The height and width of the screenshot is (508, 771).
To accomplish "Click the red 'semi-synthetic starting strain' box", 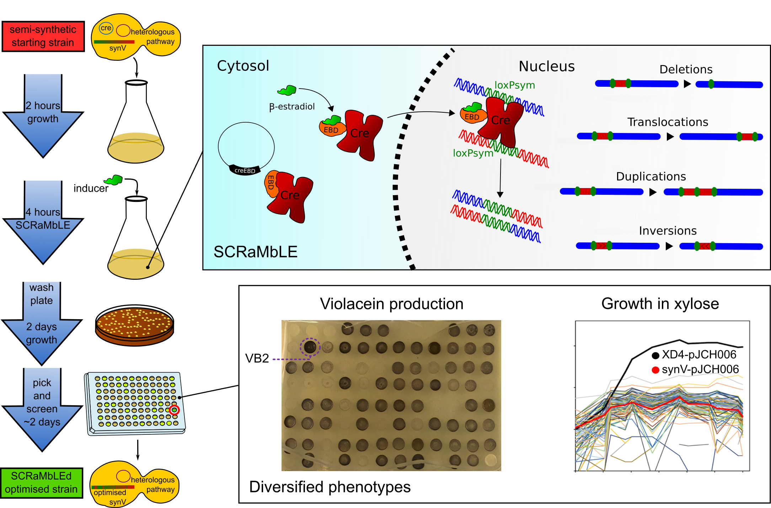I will tap(43, 36).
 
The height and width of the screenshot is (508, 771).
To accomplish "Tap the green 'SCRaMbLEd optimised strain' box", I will tap(41, 483).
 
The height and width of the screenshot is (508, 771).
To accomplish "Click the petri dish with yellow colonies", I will tap(134, 325).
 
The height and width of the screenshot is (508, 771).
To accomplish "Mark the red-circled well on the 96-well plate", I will tap(174, 410).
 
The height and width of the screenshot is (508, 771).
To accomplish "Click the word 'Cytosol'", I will tap(243, 66).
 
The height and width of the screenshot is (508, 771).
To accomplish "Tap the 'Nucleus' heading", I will tap(546, 66).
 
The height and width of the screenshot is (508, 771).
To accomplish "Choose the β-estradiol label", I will tap(292, 107).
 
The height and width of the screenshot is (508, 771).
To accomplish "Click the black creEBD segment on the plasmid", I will tap(245, 170).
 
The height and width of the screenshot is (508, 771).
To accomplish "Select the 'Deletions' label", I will tap(686, 69).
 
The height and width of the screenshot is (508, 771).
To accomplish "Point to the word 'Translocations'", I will tap(668, 122).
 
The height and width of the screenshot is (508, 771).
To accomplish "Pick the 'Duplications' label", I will tap(651, 177).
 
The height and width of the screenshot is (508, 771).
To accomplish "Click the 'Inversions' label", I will tap(668, 231).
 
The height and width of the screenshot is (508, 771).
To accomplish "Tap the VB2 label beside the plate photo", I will tap(257, 358).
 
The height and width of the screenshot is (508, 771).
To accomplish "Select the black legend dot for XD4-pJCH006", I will tap(655, 355).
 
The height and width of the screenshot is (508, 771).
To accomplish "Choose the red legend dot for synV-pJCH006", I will tap(655, 370).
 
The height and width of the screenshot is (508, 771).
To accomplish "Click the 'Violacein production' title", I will tap(391, 304).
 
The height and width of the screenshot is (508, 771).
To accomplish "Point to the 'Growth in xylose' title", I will tap(660, 304).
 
